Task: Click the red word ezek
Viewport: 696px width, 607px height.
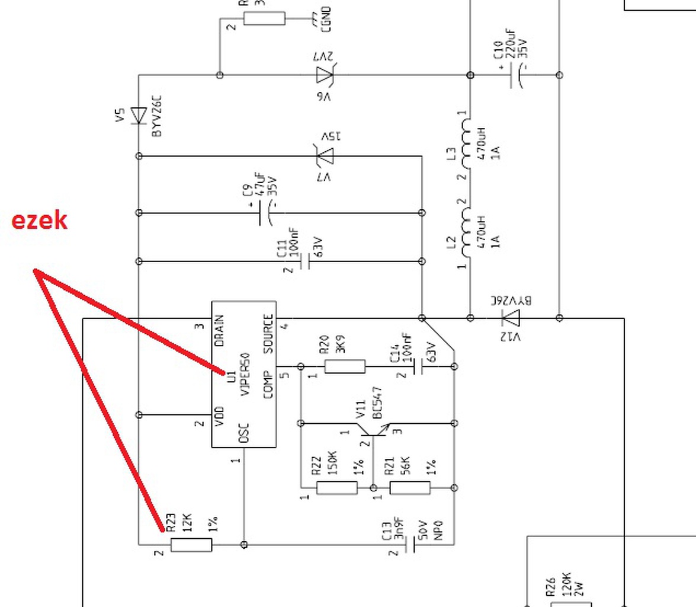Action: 39,220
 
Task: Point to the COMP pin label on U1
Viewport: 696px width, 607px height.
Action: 268,385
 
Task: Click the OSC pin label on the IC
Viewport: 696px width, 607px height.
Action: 243,433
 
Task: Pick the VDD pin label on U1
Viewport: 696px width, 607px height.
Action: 219,416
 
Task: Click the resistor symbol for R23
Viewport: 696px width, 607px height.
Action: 191,544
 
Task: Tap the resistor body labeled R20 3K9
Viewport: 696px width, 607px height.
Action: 345,366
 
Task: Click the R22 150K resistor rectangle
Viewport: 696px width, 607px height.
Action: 337,488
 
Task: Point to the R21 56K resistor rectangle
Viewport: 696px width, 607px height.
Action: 409,488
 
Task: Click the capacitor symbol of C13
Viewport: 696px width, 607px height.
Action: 409,544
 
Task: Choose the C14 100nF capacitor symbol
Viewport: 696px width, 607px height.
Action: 418,366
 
